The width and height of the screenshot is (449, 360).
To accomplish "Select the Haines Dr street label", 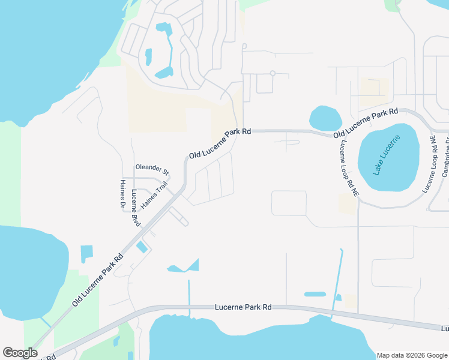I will coord(123,196).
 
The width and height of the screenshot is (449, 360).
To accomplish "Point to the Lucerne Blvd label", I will coord(135,208).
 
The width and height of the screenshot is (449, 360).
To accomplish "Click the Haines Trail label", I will coord(152,196).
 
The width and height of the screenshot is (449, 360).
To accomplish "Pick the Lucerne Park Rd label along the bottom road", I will coord(243,307).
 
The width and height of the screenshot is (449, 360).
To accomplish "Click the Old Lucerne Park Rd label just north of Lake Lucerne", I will coord(366,122).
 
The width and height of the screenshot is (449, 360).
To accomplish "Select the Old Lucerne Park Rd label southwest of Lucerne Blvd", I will coord(98,280).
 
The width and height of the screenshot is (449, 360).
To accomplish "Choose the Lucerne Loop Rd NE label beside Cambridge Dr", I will coord(432,164).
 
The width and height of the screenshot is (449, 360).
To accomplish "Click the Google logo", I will coord(19,353).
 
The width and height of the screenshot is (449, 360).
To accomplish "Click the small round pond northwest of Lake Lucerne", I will coord(325,117).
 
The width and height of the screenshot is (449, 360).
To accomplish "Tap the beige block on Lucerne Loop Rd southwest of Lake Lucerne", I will coord(347,203).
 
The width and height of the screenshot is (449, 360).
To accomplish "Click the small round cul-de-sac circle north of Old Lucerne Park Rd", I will coord(273,73).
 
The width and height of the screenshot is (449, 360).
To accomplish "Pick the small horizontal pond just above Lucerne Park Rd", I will coord(315,295).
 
